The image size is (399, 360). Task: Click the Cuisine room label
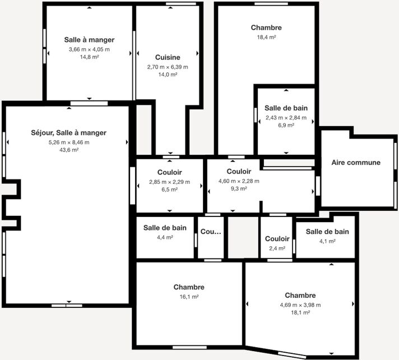pos(168,57)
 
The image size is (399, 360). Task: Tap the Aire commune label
pos(356,163)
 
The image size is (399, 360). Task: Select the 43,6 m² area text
pos(69,150)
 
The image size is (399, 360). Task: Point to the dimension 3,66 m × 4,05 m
pos(89,49)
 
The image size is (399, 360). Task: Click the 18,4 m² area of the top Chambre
pos(266,37)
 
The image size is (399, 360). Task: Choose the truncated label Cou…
pos(211,232)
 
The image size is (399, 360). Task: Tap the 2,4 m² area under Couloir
pos(277,248)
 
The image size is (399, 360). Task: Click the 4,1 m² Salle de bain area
pos(327,241)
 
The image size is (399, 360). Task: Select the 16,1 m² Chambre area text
pos(189,297)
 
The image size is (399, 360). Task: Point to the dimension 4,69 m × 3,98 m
pos(300,304)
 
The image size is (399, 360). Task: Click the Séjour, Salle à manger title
pos(69,133)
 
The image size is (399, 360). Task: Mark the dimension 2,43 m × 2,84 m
pos(286,118)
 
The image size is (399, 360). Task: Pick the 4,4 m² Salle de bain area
pos(165,237)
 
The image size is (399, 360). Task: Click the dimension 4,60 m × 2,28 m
pos(239,181)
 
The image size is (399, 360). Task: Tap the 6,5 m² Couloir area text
pos(169,190)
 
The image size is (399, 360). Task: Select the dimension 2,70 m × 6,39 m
pos(168,67)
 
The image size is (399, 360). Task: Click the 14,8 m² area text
pos(89,57)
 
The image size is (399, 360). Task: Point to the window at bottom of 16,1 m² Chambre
pos(189,348)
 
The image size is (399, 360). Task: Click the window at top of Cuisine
pos(181,3)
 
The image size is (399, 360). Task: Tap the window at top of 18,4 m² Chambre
pos(271,3)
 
